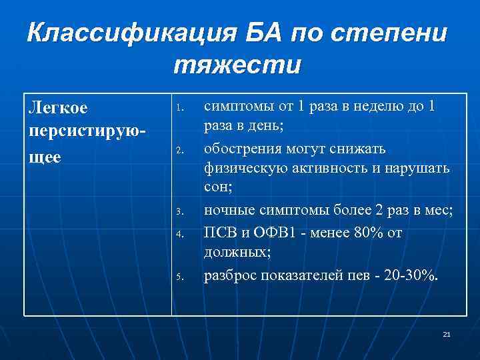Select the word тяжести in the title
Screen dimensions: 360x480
tap(237, 66)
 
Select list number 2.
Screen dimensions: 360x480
tap(178, 150)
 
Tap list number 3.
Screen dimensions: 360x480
tap(178, 213)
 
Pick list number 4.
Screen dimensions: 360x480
tap(178, 233)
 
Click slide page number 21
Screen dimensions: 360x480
tap(446, 334)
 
